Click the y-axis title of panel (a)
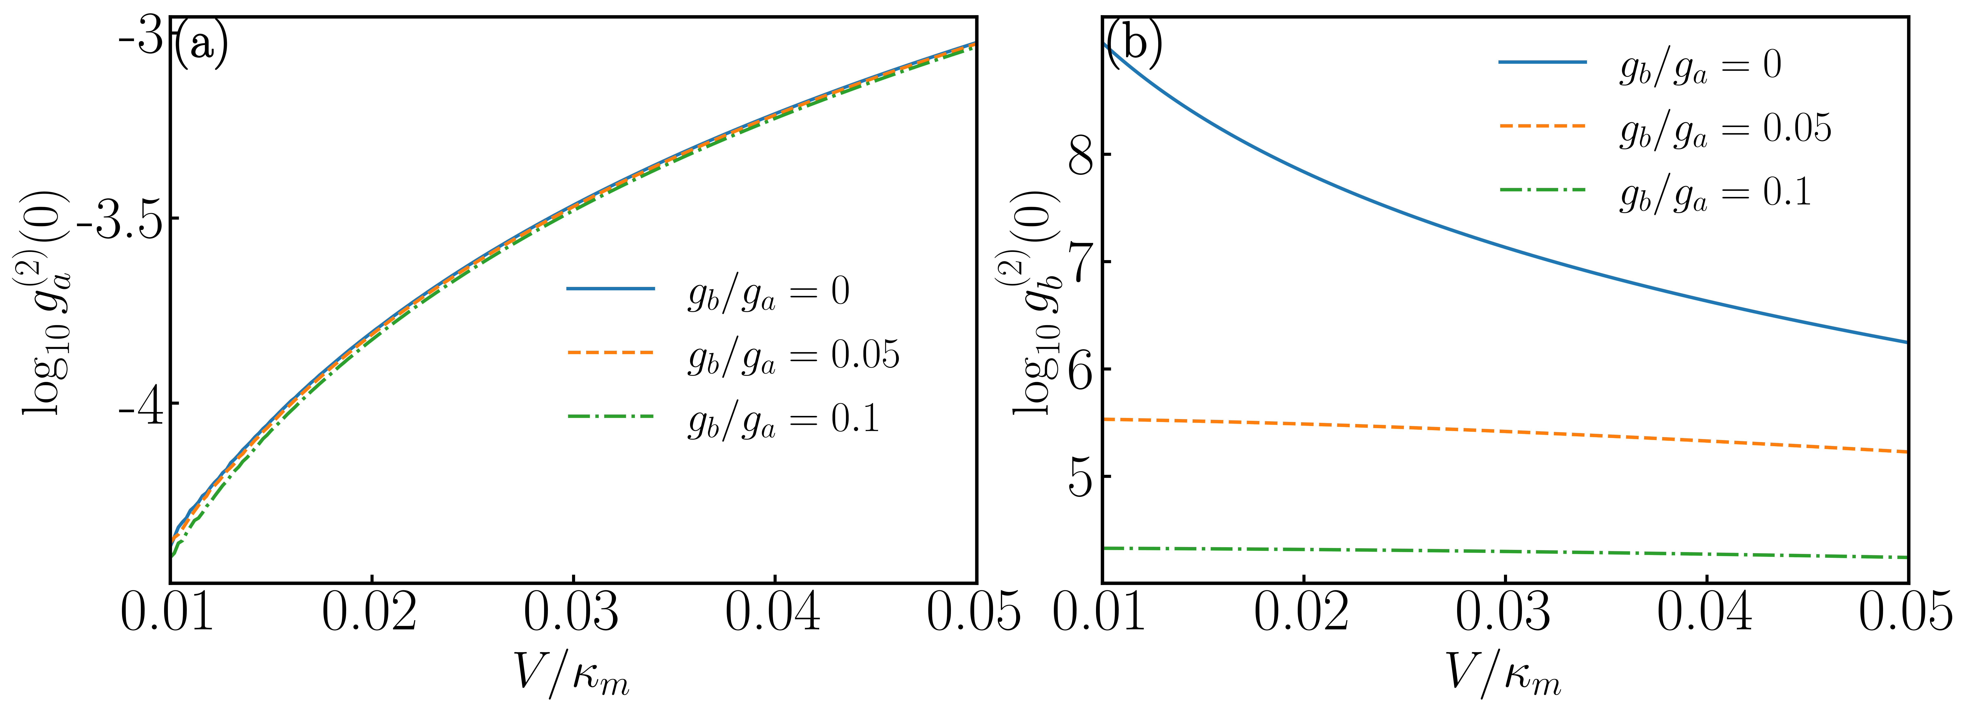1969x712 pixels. point(44,302)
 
